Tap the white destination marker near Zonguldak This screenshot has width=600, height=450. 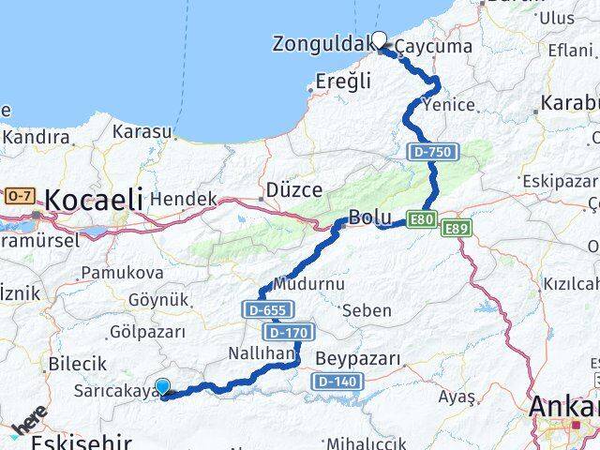point(380,39)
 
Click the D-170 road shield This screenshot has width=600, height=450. point(290,332)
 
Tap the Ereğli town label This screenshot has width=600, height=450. point(343,82)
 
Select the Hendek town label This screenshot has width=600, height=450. point(183,199)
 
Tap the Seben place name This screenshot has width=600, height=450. point(367,309)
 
